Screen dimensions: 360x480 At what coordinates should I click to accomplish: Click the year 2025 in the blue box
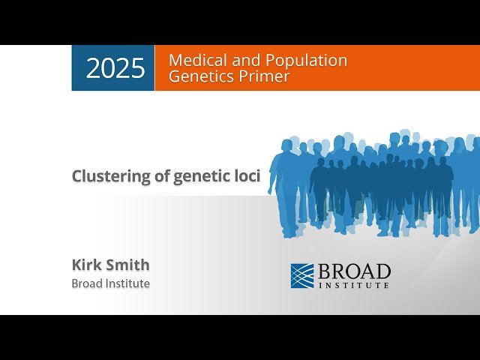click(x=115, y=68)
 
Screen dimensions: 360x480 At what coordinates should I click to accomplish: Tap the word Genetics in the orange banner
click(x=199, y=76)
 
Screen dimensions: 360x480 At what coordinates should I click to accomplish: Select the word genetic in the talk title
click(x=202, y=176)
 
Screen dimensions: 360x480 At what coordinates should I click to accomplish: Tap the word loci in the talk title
click(x=246, y=176)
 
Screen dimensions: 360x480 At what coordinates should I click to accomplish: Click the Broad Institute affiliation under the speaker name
click(x=110, y=283)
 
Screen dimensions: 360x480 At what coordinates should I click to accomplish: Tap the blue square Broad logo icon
click(x=302, y=275)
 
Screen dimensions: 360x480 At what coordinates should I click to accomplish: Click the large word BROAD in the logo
click(x=354, y=271)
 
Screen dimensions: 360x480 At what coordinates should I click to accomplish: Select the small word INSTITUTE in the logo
click(x=354, y=285)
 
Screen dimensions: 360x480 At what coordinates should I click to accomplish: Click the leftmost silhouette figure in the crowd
click(x=284, y=187)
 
